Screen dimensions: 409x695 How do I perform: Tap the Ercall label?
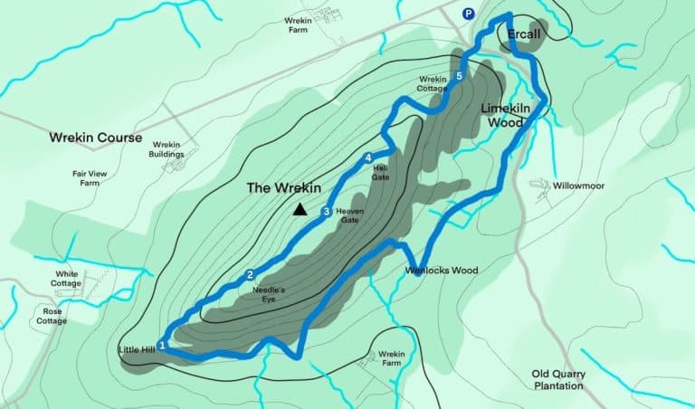[524, 33]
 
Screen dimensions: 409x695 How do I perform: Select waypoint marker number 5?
[460, 77]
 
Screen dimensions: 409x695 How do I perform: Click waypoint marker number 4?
[368, 159]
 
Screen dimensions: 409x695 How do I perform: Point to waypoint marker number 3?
[326, 212]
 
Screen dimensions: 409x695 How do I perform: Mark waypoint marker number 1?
[162, 345]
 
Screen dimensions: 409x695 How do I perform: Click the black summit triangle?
[300, 210]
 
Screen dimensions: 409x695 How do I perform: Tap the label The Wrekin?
[284, 188]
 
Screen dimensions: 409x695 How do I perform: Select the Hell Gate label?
[381, 172]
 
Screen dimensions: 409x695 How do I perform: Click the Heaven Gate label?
[349, 216]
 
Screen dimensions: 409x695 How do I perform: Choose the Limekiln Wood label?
[505, 114]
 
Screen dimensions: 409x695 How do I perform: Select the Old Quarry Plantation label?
[558, 380]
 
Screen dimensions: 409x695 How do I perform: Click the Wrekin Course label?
[95, 138]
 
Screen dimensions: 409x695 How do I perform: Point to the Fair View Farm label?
[88, 178]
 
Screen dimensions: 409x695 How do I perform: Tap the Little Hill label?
[137, 349]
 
